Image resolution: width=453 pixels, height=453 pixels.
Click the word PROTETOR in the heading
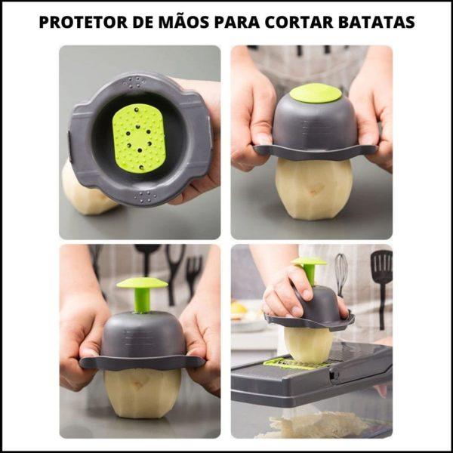point(83,22)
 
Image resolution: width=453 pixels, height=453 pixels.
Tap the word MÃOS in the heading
point(183,21)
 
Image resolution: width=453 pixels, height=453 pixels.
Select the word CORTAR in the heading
point(299,22)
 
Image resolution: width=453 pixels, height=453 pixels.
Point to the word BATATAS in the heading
point(377,22)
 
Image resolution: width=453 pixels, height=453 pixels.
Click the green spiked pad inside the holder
point(139,138)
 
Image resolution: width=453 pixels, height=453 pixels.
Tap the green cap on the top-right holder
point(316,93)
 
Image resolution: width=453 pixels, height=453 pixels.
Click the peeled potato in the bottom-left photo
point(143,393)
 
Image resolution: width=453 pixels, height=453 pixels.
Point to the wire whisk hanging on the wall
point(341,274)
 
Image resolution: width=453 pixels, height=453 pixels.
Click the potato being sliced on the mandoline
point(309,344)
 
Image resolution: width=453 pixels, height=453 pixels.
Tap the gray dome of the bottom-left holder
point(143,335)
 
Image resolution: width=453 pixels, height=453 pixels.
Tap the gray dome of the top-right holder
point(315,125)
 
